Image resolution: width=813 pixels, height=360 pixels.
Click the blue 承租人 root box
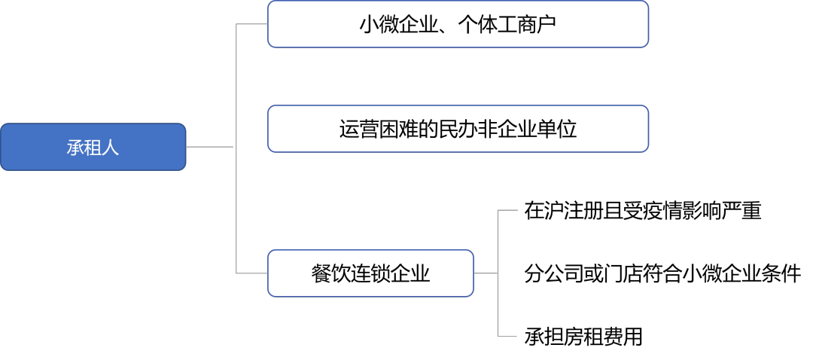tap(93, 147)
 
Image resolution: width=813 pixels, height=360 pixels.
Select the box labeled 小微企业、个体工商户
tap(458, 24)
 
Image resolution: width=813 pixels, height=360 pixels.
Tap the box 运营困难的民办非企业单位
tap(458, 129)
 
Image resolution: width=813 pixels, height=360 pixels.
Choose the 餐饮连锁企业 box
tap(370, 273)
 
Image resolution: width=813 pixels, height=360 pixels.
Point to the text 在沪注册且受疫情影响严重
tap(642, 211)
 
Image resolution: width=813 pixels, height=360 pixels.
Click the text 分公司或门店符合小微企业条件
tap(662, 273)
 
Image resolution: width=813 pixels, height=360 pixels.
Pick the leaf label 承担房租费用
tap(583, 336)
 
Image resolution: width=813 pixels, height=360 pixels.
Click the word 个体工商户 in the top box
tap(508, 24)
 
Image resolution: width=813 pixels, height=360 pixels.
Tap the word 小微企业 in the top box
tap(398, 24)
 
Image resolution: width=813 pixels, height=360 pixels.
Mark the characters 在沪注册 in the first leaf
tap(564, 211)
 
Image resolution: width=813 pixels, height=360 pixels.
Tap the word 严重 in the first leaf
tap(741, 211)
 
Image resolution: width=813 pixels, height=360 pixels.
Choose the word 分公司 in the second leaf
tap(554, 273)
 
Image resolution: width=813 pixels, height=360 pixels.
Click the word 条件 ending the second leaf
tap(782, 273)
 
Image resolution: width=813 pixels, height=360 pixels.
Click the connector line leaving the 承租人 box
tap(209, 147)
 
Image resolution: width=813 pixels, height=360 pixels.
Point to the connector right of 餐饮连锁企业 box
tap(486, 273)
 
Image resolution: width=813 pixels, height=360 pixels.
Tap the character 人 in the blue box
tap(111, 148)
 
